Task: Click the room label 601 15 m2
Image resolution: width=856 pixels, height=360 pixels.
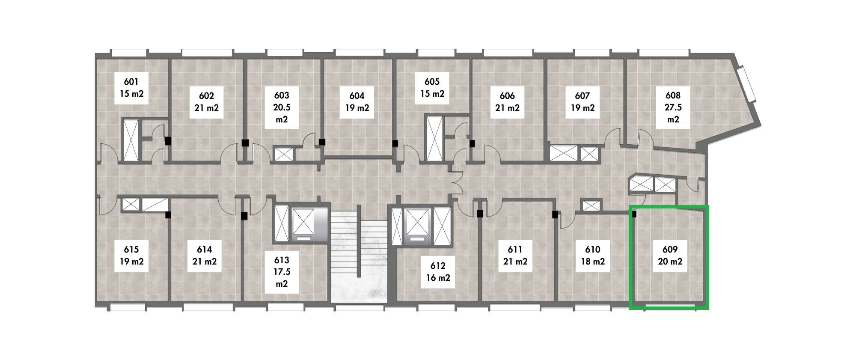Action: pos(131,88)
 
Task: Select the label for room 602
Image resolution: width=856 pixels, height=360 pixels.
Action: pos(207,102)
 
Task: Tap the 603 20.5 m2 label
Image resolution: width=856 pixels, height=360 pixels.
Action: pos(282,107)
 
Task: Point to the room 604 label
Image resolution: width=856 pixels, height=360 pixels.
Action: pos(357,102)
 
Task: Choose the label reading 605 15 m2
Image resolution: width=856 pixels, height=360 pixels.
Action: pos(432,88)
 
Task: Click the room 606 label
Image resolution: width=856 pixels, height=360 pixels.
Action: pos(508,102)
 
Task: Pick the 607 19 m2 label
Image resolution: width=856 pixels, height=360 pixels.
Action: pos(583,102)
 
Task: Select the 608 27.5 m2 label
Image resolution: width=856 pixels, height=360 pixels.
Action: pos(673,107)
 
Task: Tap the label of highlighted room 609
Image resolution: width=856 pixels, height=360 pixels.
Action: pos(670,256)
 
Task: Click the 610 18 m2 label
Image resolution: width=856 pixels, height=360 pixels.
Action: pos(593,256)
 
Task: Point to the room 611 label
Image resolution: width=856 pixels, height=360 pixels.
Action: pos(515,256)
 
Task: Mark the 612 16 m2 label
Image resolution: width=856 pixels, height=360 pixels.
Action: pos(438,272)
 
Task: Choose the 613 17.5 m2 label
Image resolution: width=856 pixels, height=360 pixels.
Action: pos(282,272)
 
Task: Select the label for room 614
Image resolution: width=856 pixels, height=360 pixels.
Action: pos(205,256)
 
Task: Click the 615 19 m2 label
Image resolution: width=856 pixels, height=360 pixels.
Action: pos(131,256)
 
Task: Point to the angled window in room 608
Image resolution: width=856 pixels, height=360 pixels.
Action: pos(748,84)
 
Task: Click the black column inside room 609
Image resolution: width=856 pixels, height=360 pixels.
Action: pos(634,214)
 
